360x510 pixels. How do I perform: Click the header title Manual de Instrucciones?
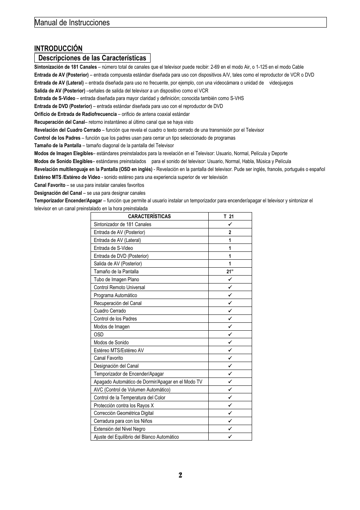(72, 23)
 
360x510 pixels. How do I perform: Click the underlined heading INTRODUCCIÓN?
(58, 48)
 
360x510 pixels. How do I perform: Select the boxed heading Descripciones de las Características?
(92, 58)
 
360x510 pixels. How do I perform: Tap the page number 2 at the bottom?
(180, 475)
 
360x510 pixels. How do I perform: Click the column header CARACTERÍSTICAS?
(149, 217)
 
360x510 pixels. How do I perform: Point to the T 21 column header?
(229, 217)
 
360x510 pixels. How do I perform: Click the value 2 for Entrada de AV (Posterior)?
(229, 233)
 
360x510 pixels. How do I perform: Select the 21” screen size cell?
(230, 272)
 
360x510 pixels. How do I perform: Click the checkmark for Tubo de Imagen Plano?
(229, 279)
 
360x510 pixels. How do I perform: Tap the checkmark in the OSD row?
(229, 334)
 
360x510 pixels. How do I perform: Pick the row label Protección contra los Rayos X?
(123, 406)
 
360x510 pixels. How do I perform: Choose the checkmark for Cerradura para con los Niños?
(229, 421)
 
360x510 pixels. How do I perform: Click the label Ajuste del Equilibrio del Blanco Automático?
(136, 437)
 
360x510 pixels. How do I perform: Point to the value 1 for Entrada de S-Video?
(229, 248)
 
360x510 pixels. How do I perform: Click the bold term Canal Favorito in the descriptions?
(49, 185)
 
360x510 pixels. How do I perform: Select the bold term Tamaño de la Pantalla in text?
(57, 146)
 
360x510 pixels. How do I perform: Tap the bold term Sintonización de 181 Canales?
(65, 67)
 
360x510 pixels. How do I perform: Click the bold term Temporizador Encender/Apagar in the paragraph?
(68, 201)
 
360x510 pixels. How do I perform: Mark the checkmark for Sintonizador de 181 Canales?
(229, 224)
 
